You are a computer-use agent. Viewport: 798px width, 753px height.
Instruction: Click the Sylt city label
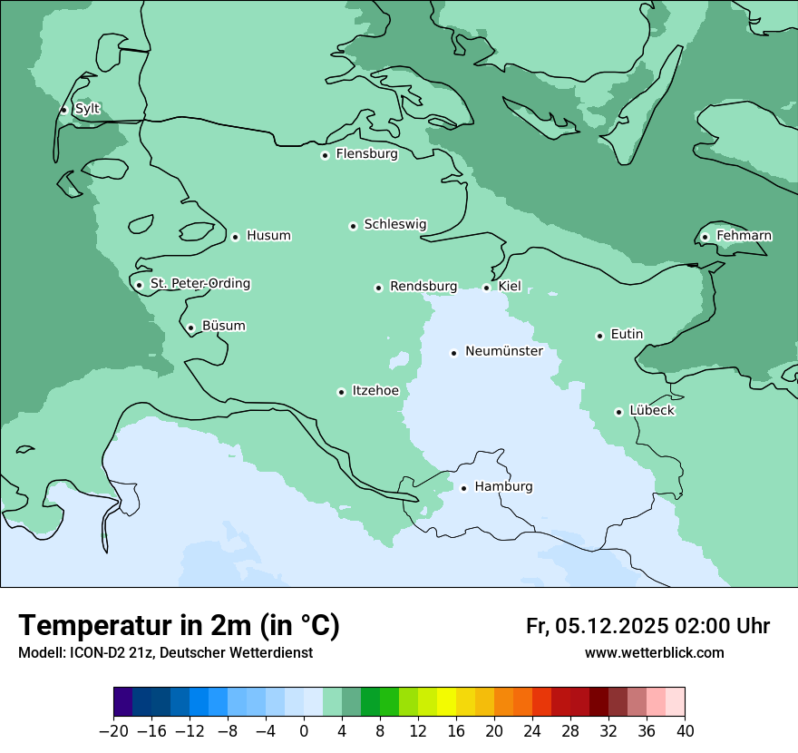point(87,109)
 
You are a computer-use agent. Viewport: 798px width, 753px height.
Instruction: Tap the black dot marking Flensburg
point(325,155)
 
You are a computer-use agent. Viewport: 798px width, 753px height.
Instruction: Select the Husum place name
point(268,236)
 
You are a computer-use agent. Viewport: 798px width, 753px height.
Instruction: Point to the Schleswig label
point(394,224)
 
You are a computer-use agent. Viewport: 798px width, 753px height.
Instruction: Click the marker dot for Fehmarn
point(705,237)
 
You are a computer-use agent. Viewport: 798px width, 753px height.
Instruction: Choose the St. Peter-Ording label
point(200,284)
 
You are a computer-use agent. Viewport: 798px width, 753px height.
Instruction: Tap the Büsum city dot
point(190,328)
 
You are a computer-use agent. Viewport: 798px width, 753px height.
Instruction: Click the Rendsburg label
point(423,287)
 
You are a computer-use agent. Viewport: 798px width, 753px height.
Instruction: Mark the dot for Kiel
point(486,288)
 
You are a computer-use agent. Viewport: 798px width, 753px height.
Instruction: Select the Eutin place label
point(627,335)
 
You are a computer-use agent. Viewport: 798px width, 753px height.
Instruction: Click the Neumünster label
point(504,351)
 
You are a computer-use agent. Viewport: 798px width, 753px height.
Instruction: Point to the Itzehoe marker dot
point(341,392)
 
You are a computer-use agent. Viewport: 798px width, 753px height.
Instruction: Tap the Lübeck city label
point(652,410)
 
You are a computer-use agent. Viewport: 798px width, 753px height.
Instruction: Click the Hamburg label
point(503,487)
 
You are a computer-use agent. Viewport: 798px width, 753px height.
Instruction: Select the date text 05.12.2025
point(612,626)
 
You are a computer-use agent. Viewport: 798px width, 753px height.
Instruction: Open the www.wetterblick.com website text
point(654,652)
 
